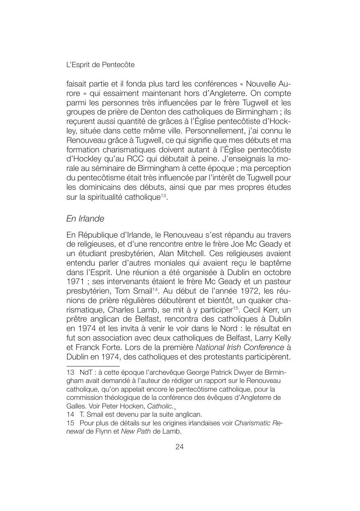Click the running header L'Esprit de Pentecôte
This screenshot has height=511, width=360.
100,65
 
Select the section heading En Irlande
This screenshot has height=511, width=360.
85,218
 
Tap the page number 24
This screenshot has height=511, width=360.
179,447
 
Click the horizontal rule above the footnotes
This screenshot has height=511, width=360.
93,366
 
